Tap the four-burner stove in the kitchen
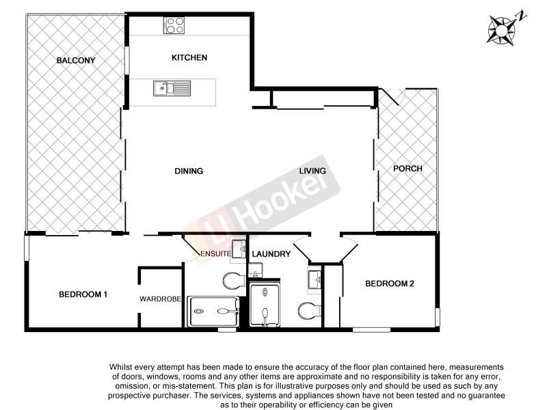click(174, 25)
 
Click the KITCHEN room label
click(189, 58)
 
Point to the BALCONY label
click(76, 61)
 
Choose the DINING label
click(189, 171)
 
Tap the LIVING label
click(312, 171)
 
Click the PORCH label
click(408, 169)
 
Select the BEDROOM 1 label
click(83, 295)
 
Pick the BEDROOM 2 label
click(390, 284)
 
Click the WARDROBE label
click(160, 299)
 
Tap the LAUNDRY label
click(271, 254)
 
